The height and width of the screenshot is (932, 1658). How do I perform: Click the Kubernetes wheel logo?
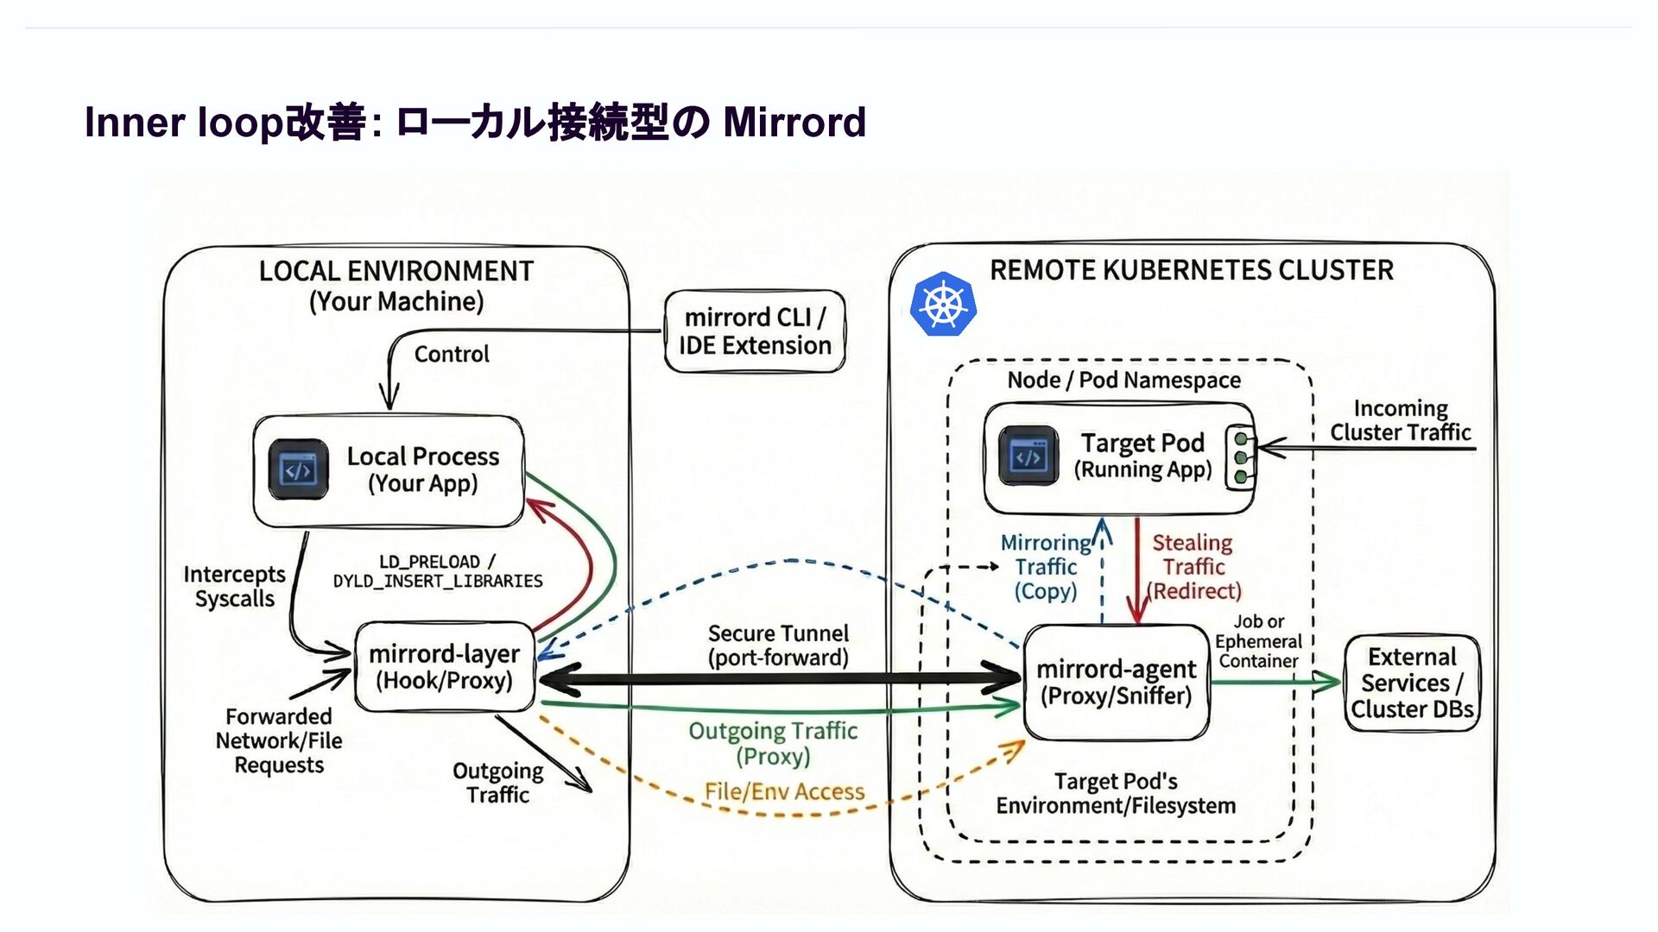[x=943, y=304]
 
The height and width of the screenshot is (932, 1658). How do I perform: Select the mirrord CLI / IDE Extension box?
[x=755, y=331]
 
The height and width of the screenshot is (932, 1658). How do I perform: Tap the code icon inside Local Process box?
[x=298, y=470]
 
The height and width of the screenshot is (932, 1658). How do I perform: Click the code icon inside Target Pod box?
[x=1028, y=456]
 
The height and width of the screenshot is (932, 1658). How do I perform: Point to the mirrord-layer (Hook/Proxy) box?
[x=445, y=667]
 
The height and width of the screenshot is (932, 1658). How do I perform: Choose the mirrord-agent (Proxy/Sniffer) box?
[x=1116, y=682]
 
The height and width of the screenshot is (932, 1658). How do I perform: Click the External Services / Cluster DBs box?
[x=1412, y=683]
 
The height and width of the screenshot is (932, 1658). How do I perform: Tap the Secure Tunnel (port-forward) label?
[x=778, y=645]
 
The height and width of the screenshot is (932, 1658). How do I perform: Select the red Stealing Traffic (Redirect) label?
[x=1193, y=567]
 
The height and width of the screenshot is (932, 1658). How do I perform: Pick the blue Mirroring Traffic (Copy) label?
[x=1046, y=567]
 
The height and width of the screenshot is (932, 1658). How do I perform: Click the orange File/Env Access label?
[x=784, y=791]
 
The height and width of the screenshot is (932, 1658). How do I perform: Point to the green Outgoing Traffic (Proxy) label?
[x=773, y=743]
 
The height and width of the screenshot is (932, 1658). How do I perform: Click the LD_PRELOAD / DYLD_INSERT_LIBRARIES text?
[x=438, y=571]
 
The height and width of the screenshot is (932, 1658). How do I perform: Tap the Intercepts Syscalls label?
[x=234, y=587]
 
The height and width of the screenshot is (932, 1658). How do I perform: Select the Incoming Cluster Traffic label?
[x=1400, y=420]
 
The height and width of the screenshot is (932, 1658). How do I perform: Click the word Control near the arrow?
[x=452, y=354]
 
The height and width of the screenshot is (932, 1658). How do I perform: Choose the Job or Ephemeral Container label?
[x=1258, y=641]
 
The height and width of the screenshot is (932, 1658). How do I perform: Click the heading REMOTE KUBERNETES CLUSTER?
[x=1191, y=270]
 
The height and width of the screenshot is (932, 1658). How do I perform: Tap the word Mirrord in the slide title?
[x=794, y=122]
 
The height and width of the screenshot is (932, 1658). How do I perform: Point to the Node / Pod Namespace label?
[x=1123, y=380]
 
